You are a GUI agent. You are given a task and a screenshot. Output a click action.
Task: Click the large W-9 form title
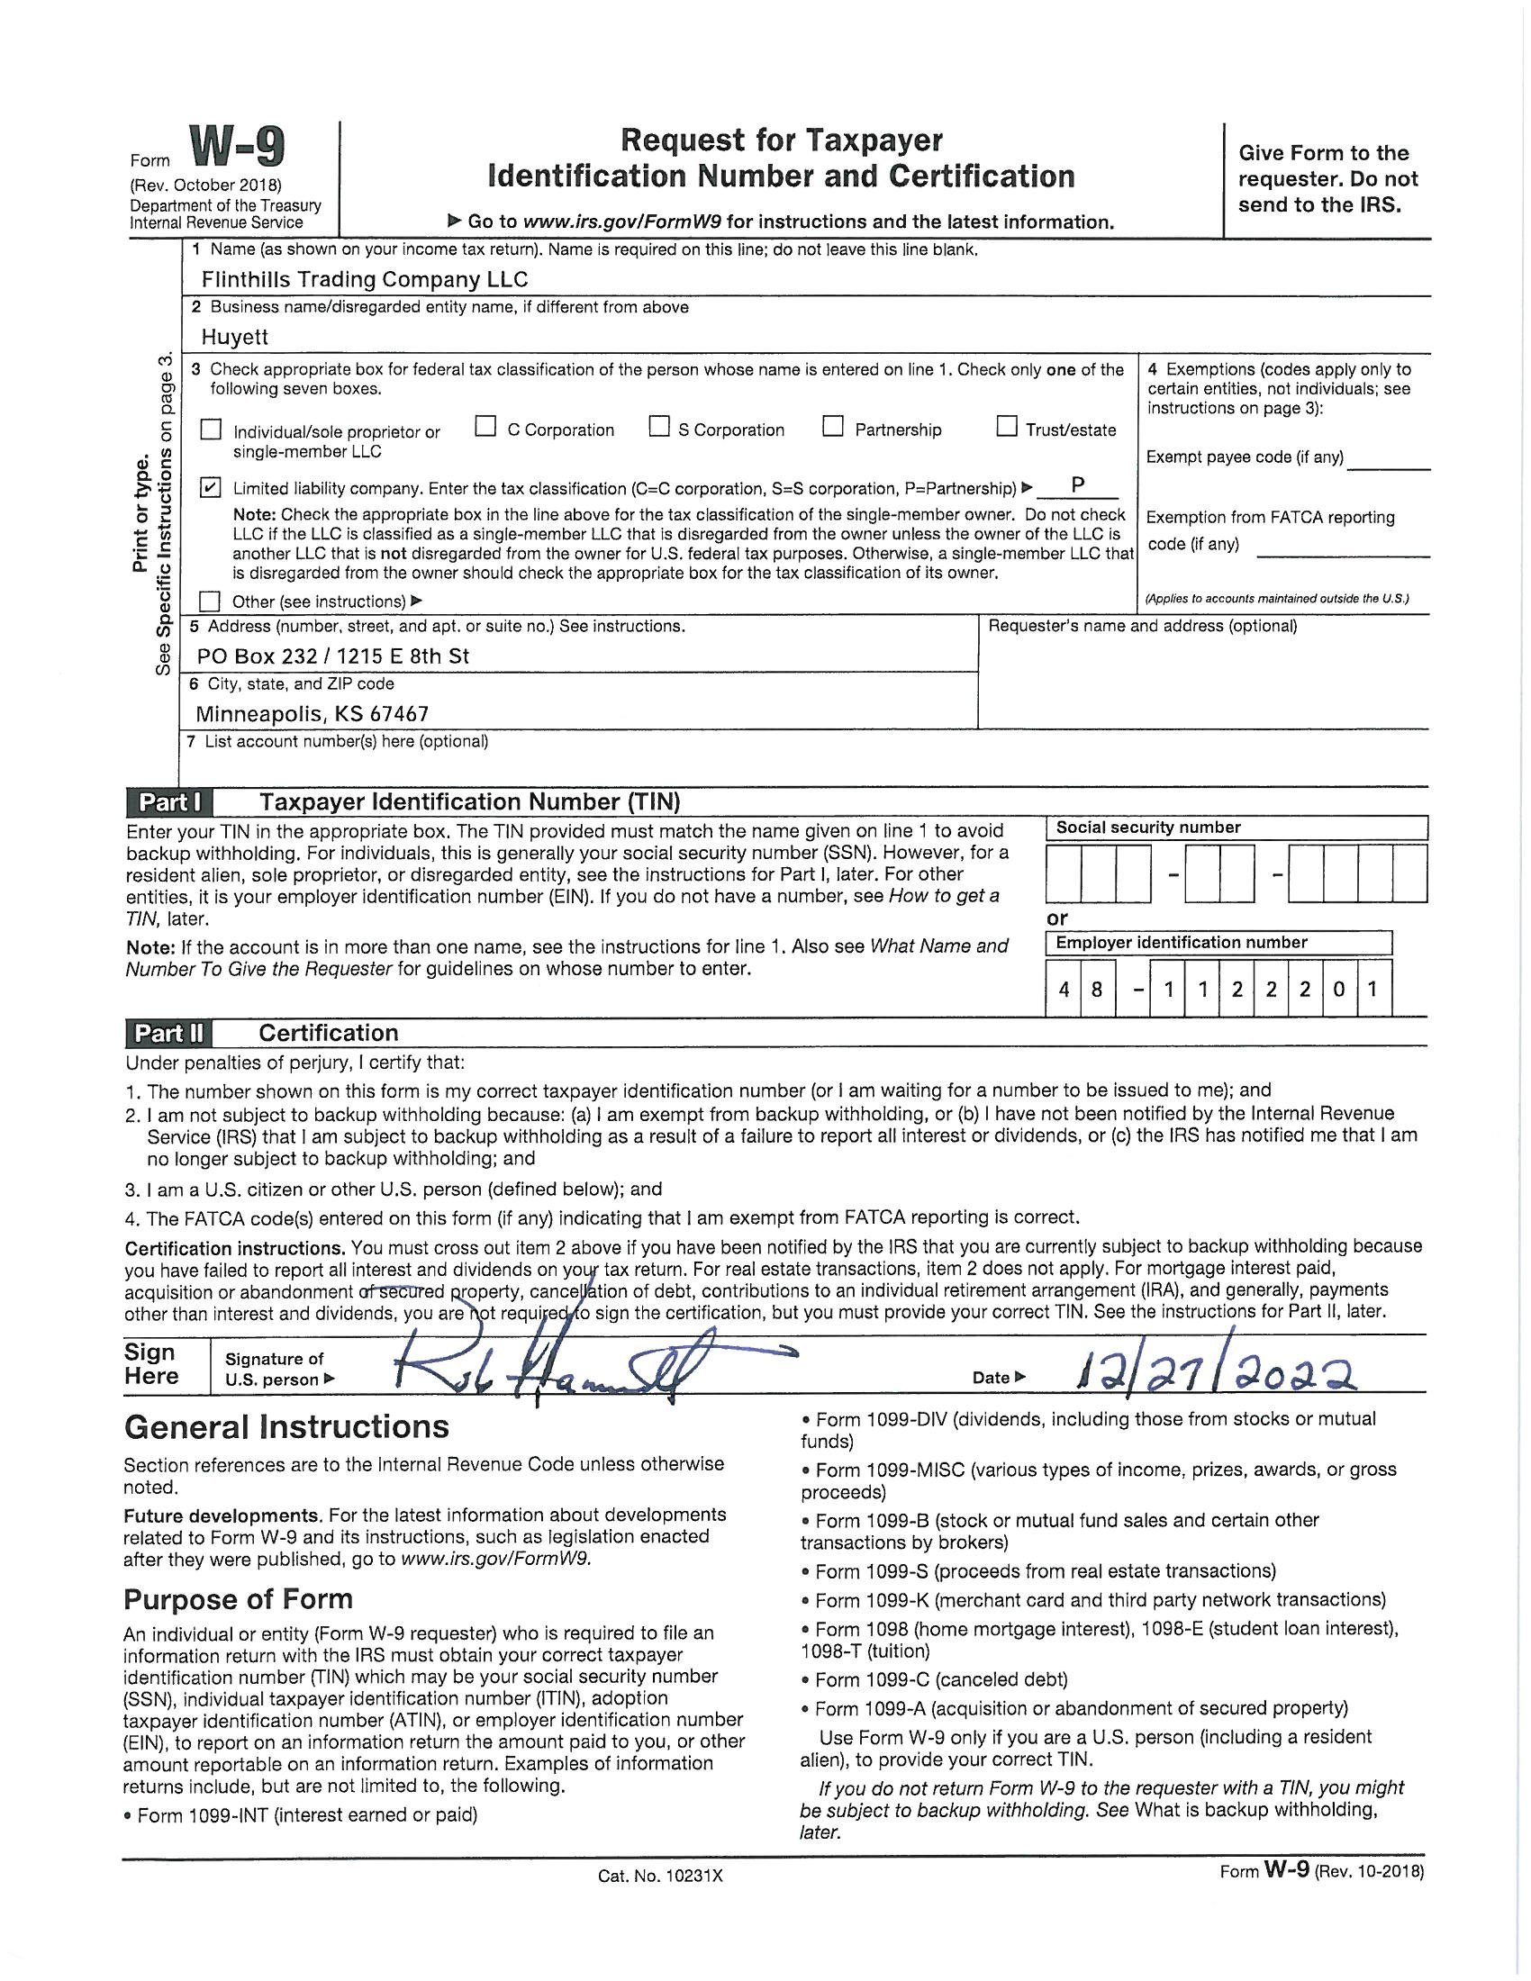[237, 147]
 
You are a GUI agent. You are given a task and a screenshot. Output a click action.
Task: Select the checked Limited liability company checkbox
[211, 488]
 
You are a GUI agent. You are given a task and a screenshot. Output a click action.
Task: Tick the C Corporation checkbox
[486, 426]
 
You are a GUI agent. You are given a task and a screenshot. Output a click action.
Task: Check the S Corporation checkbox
[659, 426]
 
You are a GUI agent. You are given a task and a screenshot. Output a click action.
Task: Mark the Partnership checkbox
[833, 426]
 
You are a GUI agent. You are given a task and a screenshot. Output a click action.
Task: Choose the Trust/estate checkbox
[1007, 426]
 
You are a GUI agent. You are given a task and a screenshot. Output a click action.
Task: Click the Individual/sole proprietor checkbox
[211, 429]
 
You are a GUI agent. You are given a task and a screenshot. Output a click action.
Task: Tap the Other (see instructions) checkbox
[211, 601]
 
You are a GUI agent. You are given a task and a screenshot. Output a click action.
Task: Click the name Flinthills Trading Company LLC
[365, 279]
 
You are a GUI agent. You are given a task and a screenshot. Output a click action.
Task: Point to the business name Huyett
[235, 338]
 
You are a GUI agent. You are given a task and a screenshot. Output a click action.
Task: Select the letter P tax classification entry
[1077, 484]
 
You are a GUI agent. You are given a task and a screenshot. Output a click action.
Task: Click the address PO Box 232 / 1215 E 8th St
[333, 656]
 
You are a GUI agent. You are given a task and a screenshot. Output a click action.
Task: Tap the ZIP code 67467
[399, 714]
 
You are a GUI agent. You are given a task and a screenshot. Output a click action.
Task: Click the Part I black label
[169, 802]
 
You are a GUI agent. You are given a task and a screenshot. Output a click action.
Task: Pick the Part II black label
[169, 1033]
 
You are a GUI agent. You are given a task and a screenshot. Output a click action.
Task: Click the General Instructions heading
[286, 1428]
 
